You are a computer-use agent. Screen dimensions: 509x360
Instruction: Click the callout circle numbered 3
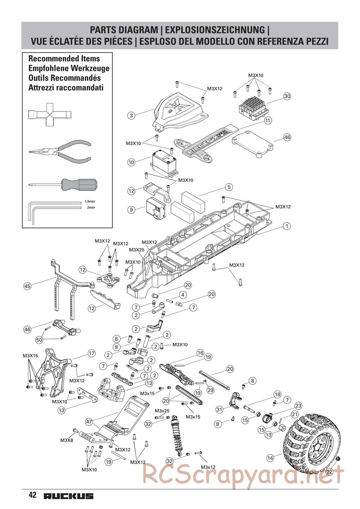[131, 115]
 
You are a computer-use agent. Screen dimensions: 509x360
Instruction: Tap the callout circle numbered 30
[287, 96]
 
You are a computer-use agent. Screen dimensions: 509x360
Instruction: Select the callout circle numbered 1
[287, 226]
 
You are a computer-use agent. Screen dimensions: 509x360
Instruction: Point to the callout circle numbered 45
[27, 286]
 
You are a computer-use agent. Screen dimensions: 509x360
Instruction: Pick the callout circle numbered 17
[91, 354]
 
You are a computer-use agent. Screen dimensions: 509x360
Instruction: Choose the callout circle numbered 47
[89, 422]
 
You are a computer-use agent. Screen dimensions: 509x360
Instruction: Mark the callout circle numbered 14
[270, 458]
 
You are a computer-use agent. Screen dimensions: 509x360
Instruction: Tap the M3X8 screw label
[67, 440]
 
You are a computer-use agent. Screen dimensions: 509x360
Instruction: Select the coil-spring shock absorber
[177, 435]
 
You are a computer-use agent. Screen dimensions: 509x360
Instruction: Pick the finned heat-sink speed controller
[252, 107]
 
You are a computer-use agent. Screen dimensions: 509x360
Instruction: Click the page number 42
[32, 495]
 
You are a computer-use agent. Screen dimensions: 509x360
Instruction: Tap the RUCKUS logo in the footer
[68, 496]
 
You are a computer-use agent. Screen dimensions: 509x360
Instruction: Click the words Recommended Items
[64, 59]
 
